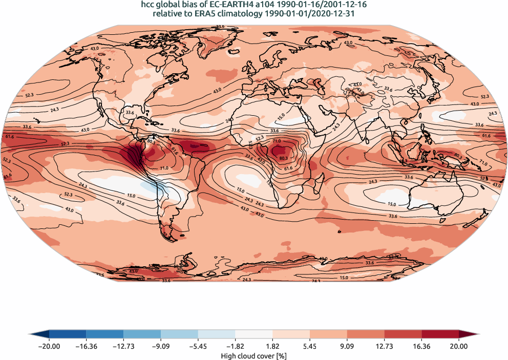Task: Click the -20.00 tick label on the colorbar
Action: click(x=49, y=346)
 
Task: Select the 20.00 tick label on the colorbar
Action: click(x=459, y=346)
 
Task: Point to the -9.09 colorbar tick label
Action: click(x=161, y=346)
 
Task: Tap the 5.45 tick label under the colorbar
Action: click(x=310, y=346)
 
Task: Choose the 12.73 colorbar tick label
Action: click(x=384, y=346)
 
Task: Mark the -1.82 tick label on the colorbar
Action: click(x=236, y=346)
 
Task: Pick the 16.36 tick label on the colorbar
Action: click(x=421, y=346)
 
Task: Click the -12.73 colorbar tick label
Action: click(x=123, y=346)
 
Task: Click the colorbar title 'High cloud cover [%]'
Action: click(x=254, y=355)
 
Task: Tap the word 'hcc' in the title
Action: click(x=149, y=5)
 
